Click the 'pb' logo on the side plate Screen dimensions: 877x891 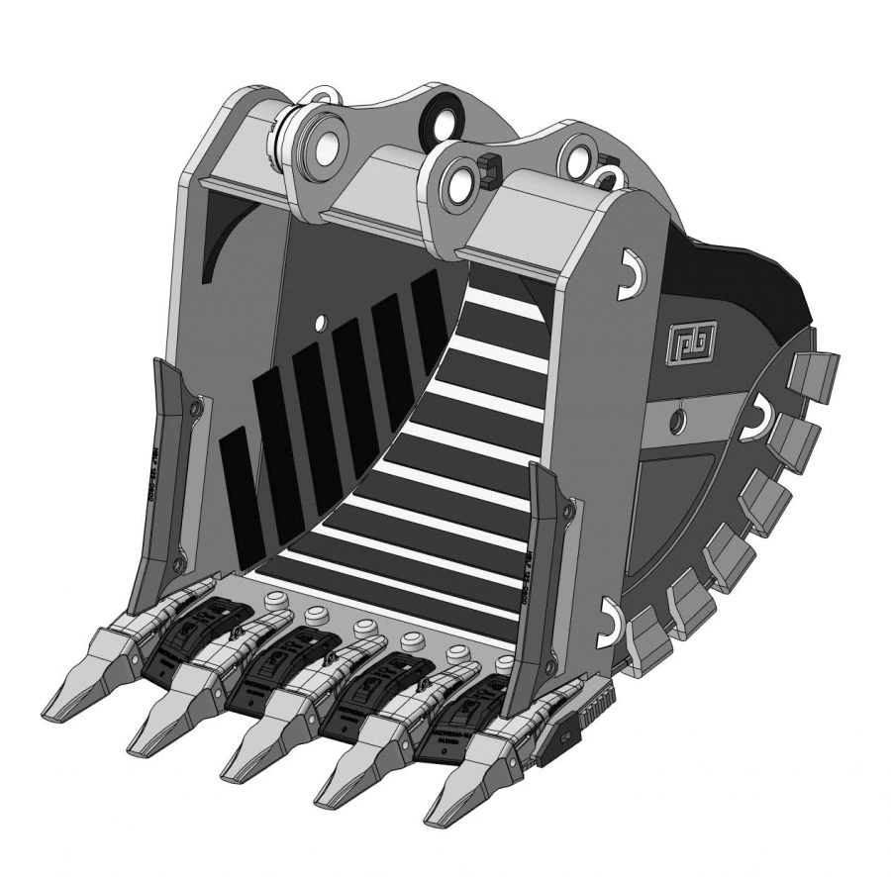coord(684,341)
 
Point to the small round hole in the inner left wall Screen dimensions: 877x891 coord(320,322)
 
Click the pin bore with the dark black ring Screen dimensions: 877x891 coord(438,123)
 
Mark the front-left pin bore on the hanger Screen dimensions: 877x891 coord(322,146)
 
